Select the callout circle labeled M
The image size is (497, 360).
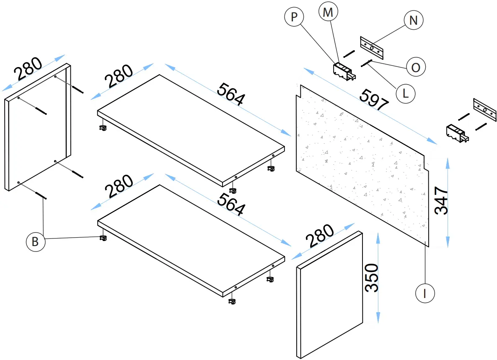[x=328, y=13]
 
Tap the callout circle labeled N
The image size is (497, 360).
[x=413, y=21]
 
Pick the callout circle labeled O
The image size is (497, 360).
[x=415, y=67]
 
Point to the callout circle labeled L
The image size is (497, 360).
[x=405, y=93]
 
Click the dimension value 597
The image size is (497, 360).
[x=374, y=101]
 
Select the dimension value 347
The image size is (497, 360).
[x=442, y=201]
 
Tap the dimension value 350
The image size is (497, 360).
[x=372, y=277]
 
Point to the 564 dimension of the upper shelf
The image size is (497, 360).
[x=230, y=94]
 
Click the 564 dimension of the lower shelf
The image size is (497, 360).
[x=230, y=204]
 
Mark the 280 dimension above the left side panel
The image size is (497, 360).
[x=28, y=69]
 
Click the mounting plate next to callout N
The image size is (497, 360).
[x=372, y=47]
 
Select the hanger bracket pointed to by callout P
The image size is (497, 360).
[x=344, y=71]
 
